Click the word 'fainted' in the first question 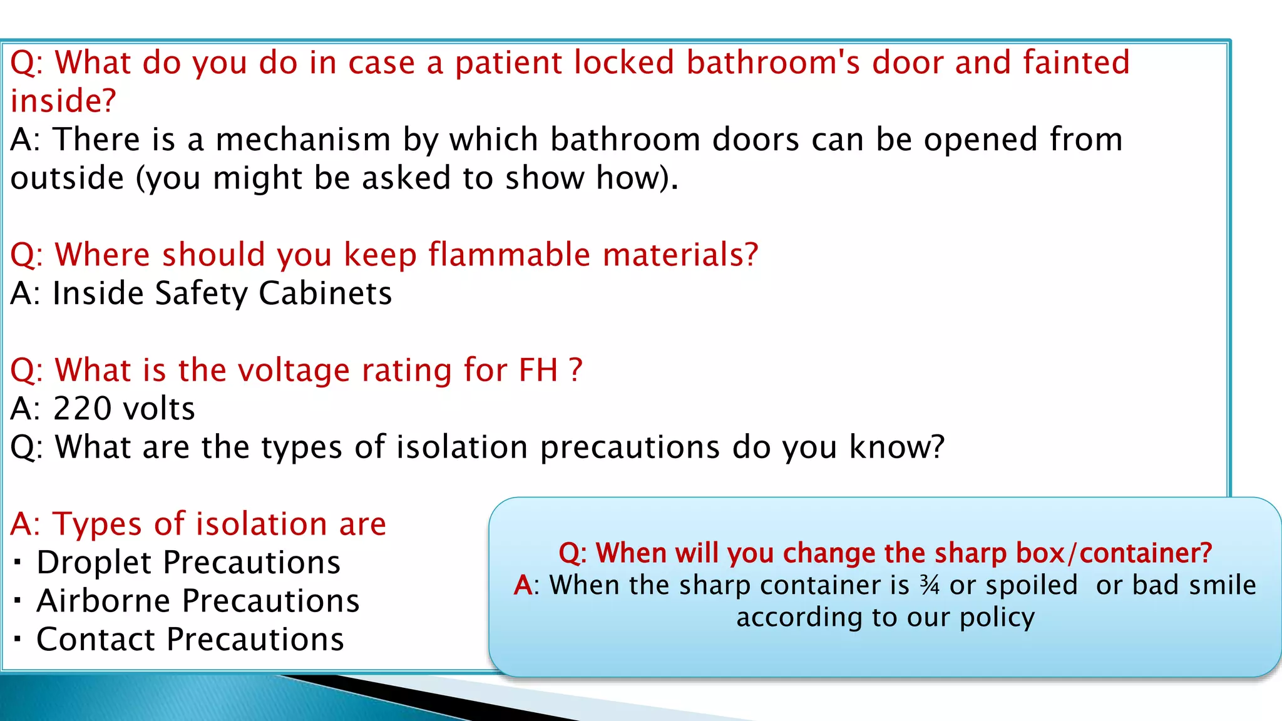point(1076,63)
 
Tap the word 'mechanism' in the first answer point(303,140)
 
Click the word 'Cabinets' point(325,294)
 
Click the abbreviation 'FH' point(538,370)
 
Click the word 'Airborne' point(103,601)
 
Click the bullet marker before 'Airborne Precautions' point(18,601)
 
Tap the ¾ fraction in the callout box point(930,586)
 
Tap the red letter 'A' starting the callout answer point(523,586)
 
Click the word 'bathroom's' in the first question point(773,63)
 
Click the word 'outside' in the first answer point(67,178)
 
